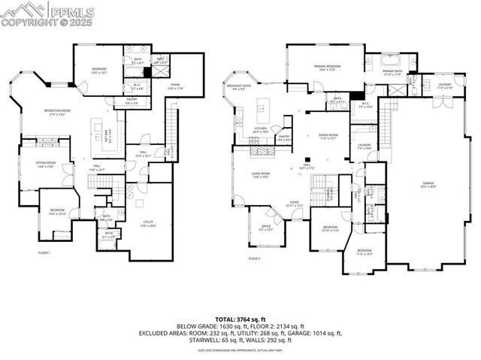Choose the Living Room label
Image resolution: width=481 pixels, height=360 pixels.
[260, 174]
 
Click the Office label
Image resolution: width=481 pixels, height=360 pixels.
[265, 228]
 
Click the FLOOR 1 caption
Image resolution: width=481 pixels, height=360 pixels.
[44, 253]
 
